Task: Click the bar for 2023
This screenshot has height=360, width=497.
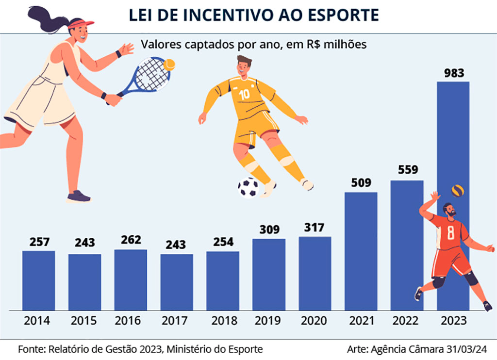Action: (453, 146)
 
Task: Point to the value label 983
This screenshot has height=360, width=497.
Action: (454, 74)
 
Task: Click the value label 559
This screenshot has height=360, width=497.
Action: (408, 170)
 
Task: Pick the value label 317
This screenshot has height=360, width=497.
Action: (315, 227)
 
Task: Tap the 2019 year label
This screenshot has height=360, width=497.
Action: (268, 321)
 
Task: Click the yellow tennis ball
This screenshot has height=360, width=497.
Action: (169, 65)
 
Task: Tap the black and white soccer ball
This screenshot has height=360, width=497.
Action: (248, 187)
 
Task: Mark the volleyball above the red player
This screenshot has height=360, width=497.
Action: (457, 190)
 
